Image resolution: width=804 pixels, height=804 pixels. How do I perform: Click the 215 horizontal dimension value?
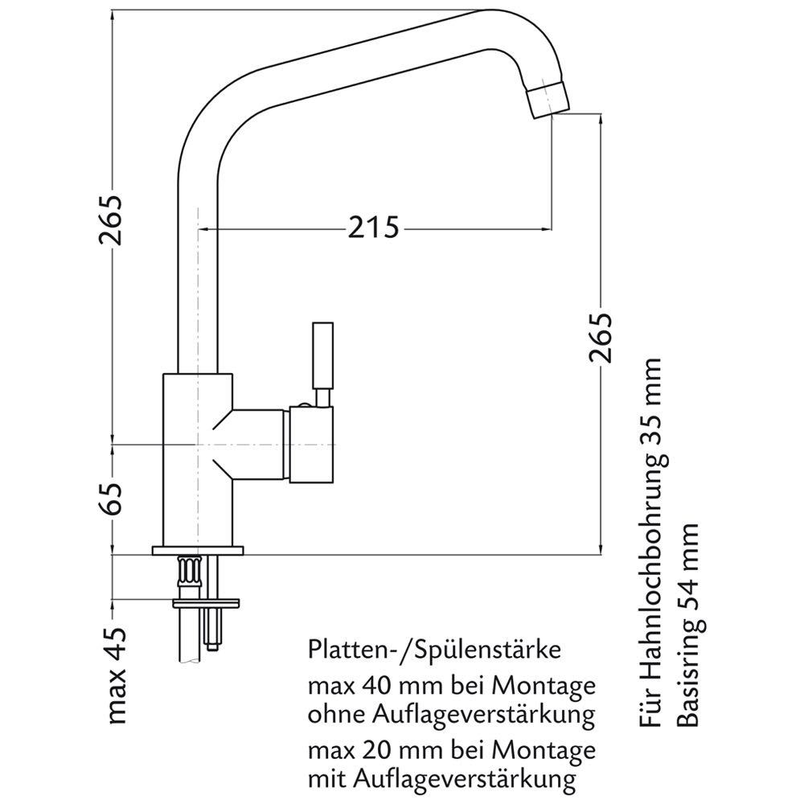pos(373,228)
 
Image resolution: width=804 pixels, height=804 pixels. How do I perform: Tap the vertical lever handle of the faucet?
pos(322,354)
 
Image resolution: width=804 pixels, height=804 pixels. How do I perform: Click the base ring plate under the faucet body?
pos(197,551)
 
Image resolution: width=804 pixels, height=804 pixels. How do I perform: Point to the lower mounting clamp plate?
pos(207,600)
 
